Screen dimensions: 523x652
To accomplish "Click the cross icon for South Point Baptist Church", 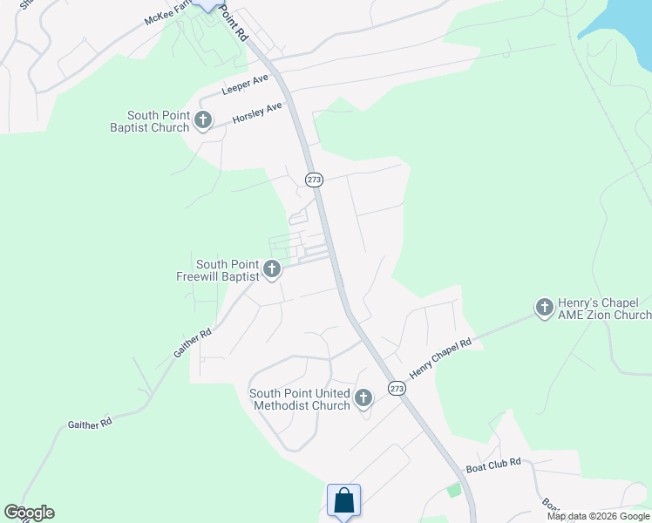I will pyautogui.click(x=203, y=120).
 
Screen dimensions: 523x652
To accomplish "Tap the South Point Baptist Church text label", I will pyautogui.click(x=158, y=121).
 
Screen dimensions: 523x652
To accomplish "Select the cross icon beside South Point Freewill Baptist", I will pyautogui.click(x=272, y=269).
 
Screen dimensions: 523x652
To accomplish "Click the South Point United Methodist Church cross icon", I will pyautogui.click(x=363, y=398).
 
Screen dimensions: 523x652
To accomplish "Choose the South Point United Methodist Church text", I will pyautogui.click(x=300, y=398).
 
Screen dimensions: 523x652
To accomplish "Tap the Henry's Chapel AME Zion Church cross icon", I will pyautogui.click(x=544, y=307).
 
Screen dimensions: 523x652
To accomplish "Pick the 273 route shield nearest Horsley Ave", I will pyautogui.click(x=315, y=179).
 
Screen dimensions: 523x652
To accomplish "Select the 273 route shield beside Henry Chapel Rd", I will pyautogui.click(x=397, y=389).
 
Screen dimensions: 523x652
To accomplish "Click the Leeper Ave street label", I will pyautogui.click(x=245, y=85).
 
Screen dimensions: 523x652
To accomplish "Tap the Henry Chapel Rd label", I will pyautogui.click(x=439, y=358).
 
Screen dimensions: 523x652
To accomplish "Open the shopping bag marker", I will pyautogui.click(x=344, y=501).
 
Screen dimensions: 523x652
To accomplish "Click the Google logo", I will pyautogui.click(x=29, y=513).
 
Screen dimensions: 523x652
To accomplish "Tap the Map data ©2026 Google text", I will pyautogui.click(x=598, y=516).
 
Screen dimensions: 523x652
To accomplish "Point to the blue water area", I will pyautogui.click(x=621, y=22).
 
